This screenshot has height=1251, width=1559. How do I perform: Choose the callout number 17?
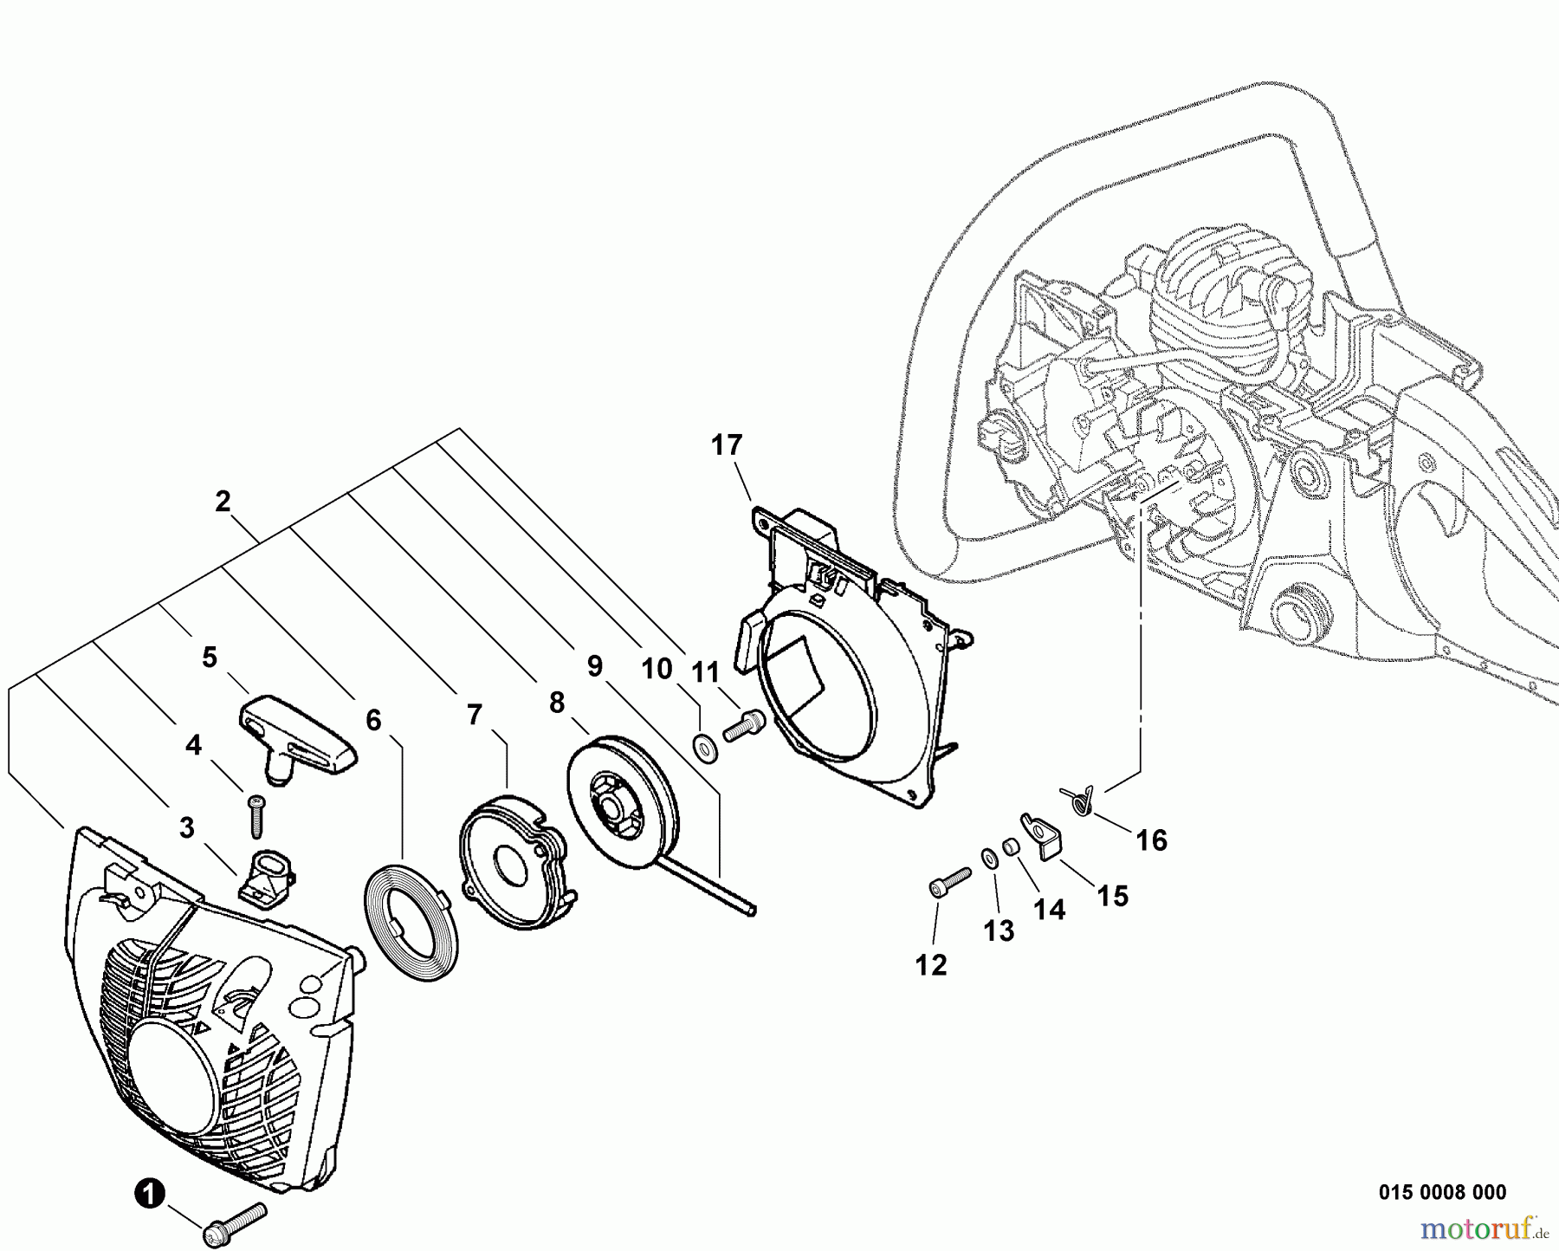tap(727, 445)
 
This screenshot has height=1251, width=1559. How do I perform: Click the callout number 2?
tap(223, 502)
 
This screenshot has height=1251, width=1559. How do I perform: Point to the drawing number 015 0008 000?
tap(1441, 1193)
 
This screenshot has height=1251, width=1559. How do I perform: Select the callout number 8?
tap(556, 703)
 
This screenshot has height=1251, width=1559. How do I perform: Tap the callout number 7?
tap(474, 715)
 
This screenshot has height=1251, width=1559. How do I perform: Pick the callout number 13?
tap(998, 931)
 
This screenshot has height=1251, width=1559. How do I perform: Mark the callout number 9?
tap(594, 666)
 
